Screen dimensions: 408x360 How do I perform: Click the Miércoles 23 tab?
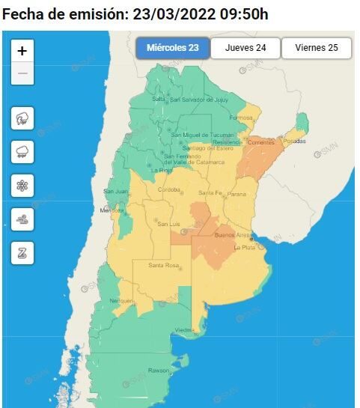173,48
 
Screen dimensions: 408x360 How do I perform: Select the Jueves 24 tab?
245,48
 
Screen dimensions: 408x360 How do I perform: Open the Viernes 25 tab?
316,48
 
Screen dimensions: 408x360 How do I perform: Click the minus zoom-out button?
22,73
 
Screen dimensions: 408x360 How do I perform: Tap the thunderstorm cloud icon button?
22,118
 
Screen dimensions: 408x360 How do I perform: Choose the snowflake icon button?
22,185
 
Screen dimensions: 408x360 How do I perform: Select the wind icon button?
22,219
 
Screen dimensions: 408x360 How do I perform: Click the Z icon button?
22,252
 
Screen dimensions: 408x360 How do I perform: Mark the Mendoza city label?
106,210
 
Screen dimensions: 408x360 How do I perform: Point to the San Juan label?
115,191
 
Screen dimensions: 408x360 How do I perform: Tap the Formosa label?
242,118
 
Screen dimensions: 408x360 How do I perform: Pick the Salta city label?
159,99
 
